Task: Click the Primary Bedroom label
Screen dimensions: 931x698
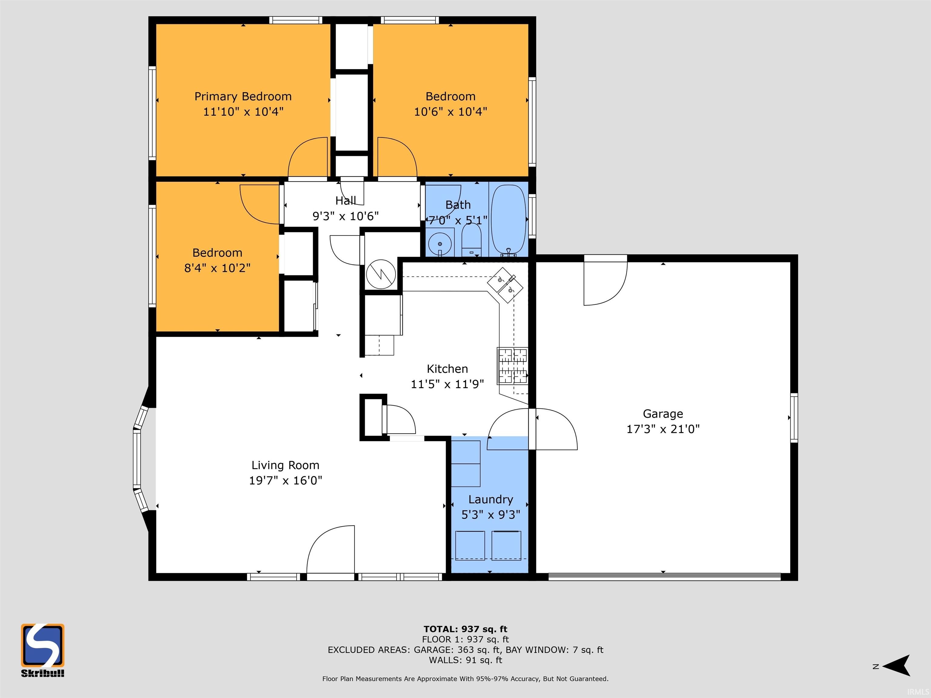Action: click(243, 97)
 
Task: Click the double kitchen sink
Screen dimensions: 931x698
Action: click(506, 285)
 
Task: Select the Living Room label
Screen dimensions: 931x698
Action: click(285, 465)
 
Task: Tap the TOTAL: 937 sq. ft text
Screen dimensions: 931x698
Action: click(465, 629)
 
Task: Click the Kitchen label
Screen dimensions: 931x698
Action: click(447, 369)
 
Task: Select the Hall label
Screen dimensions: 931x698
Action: click(345, 200)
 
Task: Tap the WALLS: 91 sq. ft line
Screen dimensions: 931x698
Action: click(465, 660)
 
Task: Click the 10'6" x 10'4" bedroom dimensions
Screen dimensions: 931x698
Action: click(450, 112)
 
